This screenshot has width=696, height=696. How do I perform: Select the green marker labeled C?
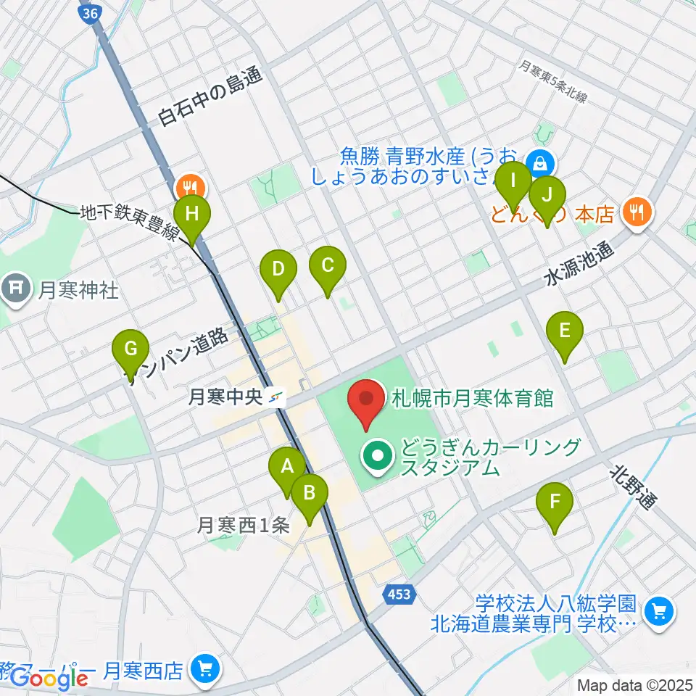coord(327,265)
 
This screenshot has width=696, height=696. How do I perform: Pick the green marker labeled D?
coord(278,270)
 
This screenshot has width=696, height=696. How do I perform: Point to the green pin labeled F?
coord(555,502)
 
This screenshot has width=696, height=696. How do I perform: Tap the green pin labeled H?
coord(192,215)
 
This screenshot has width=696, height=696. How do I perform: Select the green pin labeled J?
coord(547,196)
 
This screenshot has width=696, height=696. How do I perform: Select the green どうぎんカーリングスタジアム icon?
coord(378,456)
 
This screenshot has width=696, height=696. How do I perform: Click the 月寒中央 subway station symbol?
coord(276,397)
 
